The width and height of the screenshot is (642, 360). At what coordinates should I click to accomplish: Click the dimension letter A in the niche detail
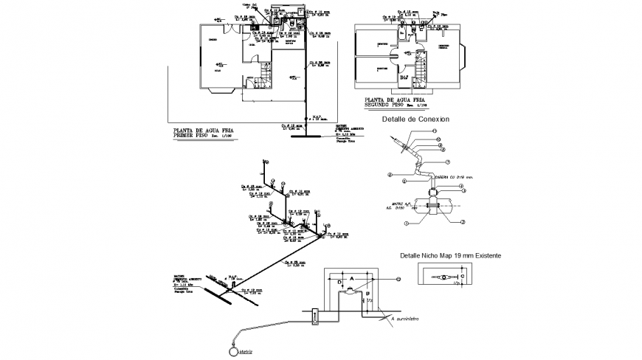click(x=351, y=279)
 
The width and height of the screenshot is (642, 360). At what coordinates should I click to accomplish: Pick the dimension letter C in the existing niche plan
click(x=464, y=273)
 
